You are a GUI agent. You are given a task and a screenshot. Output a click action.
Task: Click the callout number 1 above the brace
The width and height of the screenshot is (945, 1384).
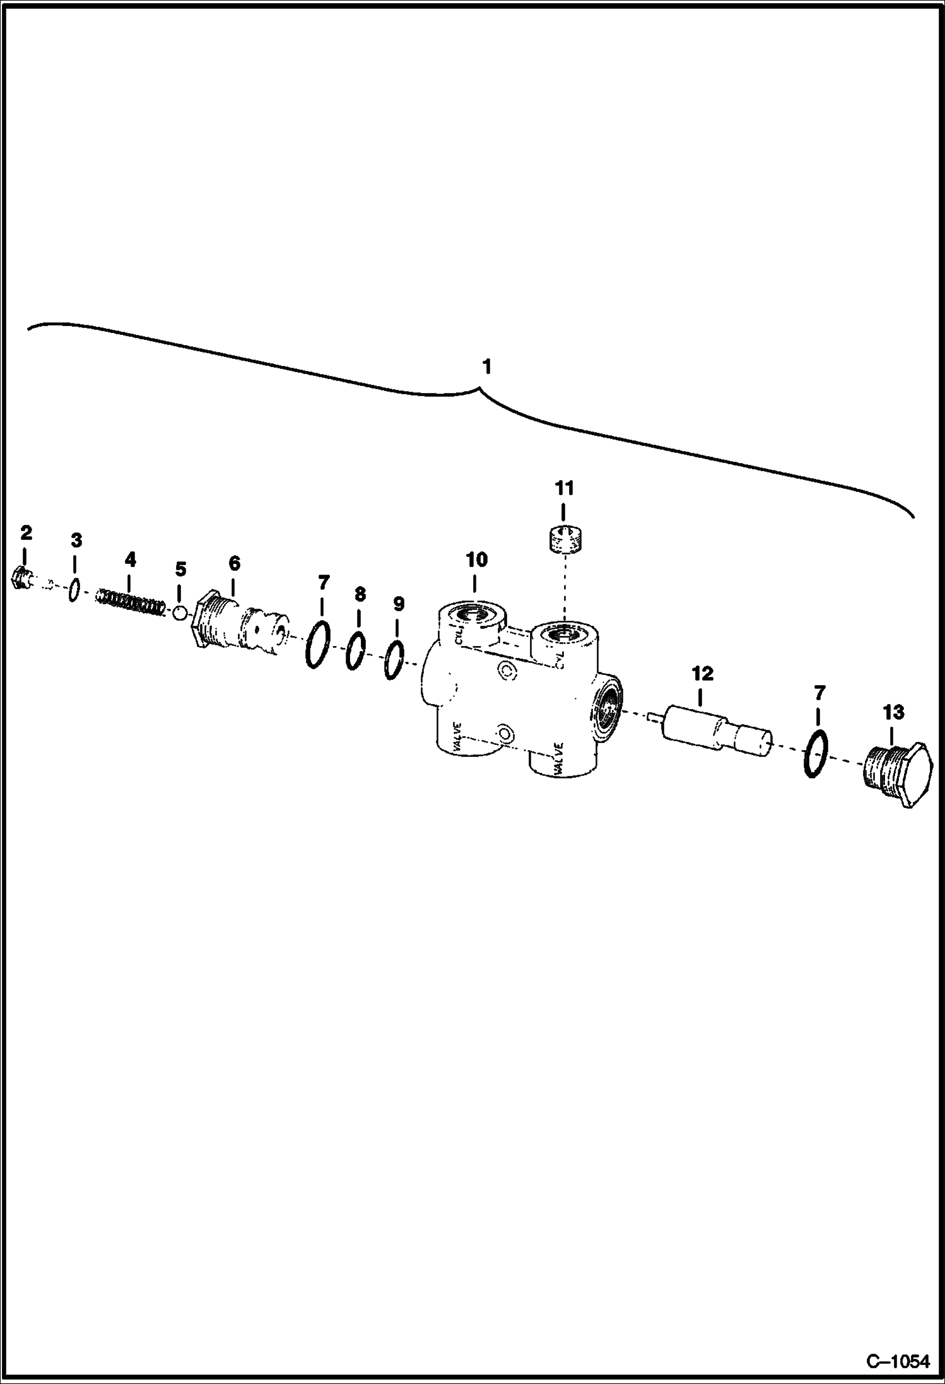(486, 367)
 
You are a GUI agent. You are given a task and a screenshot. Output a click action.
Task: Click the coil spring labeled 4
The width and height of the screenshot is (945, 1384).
(131, 602)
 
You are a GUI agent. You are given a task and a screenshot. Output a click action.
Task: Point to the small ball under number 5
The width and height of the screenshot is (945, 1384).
(179, 613)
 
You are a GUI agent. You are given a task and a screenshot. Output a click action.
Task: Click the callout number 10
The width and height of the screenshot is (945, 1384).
(476, 559)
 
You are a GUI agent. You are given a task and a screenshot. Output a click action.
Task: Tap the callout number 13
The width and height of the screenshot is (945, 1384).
(893, 712)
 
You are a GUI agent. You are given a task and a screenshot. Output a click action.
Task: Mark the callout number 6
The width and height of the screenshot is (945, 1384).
(234, 564)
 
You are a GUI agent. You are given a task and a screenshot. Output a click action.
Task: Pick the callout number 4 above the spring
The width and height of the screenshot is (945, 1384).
(130, 559)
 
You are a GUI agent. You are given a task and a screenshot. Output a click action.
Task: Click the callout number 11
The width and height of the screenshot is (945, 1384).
(565, 488)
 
